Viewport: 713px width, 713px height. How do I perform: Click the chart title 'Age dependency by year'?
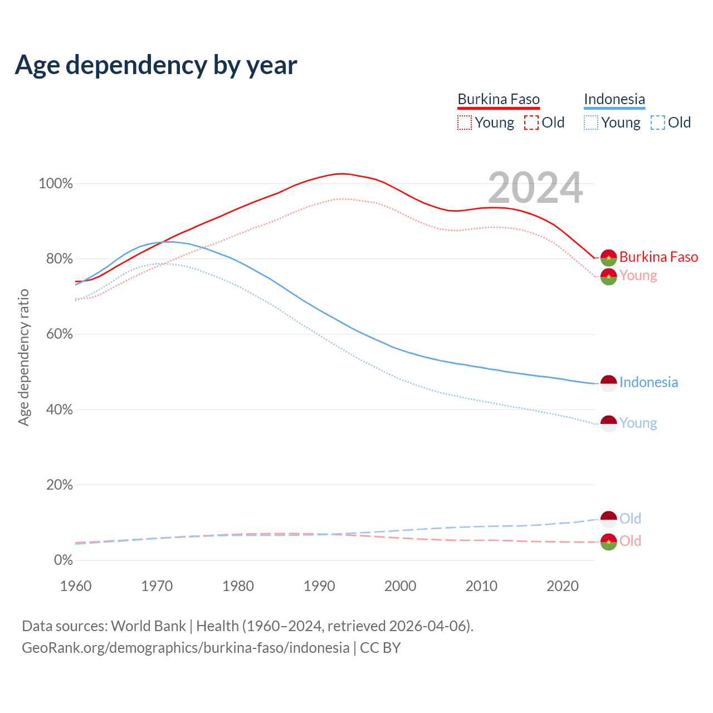click(x=156, y=65)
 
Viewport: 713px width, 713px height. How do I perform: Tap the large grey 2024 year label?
click(x=535, y=188)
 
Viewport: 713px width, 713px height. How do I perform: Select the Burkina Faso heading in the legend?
click(x=499, y=99)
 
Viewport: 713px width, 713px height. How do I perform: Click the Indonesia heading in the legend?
click(x=614, y=99)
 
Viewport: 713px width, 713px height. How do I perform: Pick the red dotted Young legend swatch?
click(x=464, y=123)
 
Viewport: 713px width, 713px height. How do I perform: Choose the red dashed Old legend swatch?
click(x=531, y=123)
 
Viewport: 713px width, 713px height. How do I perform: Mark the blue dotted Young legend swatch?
click(x=591, y=123)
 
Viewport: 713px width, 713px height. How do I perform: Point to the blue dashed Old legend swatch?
click(x=658, y=123)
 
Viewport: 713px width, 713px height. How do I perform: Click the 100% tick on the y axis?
click(x=56, y=184)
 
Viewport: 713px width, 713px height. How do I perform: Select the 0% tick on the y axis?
click(x=63, y=560)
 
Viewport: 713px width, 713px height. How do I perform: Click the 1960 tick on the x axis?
click(x=76, y=586)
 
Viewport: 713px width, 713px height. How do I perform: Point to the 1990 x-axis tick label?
click(x=319, y=586)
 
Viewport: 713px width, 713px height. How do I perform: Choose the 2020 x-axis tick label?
click(x=563, y=586)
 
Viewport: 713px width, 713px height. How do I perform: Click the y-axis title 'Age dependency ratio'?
click(x=23, y=357)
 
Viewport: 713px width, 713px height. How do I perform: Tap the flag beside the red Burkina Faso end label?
click(x=608, y=258)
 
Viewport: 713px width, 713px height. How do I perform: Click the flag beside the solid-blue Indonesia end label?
click(x=608, y=383)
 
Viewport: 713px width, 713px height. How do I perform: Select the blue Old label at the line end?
click(x=630, y=519)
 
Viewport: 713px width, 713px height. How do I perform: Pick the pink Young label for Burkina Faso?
click(x=638, y=275)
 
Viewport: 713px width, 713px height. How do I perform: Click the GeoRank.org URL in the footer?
click(x=185, y=648)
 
